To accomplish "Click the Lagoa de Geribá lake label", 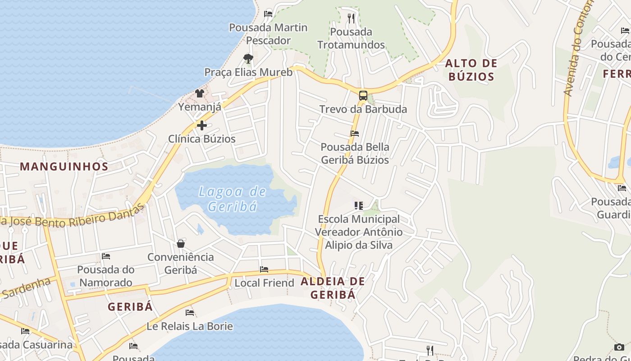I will [x=233, y=199].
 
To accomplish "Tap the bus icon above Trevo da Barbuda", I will [x=363, y=96].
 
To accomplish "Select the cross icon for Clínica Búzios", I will [x=201, y=125].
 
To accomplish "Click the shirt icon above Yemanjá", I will [x=200, y=93].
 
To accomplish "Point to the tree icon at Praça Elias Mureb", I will [x=248, y=58].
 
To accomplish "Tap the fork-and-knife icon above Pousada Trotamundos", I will [x=351, y=19].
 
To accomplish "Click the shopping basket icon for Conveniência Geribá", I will [x=181, y=244].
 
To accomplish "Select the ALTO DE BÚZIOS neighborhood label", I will [x=471, y=70].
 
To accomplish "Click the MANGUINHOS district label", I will [x=64, y=167].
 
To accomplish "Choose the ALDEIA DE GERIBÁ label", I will [x=333, y=288].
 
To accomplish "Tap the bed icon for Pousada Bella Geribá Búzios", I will [x=355, y=134].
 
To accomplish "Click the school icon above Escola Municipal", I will [x=359, y=206].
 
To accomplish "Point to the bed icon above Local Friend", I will [x=264, y=269].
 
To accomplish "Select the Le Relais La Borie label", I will [x=190, y=326].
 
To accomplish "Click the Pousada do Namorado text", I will [x=106, y=276].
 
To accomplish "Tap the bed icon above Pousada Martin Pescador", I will [x=268, y=14].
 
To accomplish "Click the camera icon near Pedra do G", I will [x=619, y=347].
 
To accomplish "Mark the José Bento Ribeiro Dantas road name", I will [x=72, y=218].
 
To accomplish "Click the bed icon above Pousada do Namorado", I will [x=106, y=256].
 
